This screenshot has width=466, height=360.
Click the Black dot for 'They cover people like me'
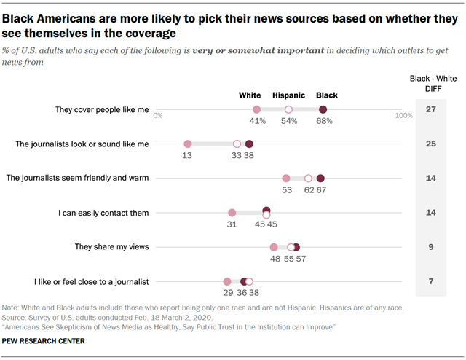coord(323,109)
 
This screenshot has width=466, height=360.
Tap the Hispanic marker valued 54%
coord(288,109)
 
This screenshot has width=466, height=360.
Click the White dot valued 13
coord(187,144)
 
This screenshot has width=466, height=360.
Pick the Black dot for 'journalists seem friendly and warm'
coord(320,179)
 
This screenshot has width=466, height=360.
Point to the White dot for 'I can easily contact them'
coord(232,213)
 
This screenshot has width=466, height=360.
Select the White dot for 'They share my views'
coord(274,247)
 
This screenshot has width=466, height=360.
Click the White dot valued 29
coord(227,281)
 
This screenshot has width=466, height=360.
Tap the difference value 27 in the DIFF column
coord(430,109)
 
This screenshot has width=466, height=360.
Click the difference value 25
coord(430,144)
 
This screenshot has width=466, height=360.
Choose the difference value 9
coord(430,247)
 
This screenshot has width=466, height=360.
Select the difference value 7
coord(430,281)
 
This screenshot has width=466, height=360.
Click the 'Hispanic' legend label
coord(288,95)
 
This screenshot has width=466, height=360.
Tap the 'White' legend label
coord(251,95)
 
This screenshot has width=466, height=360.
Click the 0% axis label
coord(158,116)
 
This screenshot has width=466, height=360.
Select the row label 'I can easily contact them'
coord(103,213)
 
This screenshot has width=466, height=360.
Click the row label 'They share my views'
coord(111,247)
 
